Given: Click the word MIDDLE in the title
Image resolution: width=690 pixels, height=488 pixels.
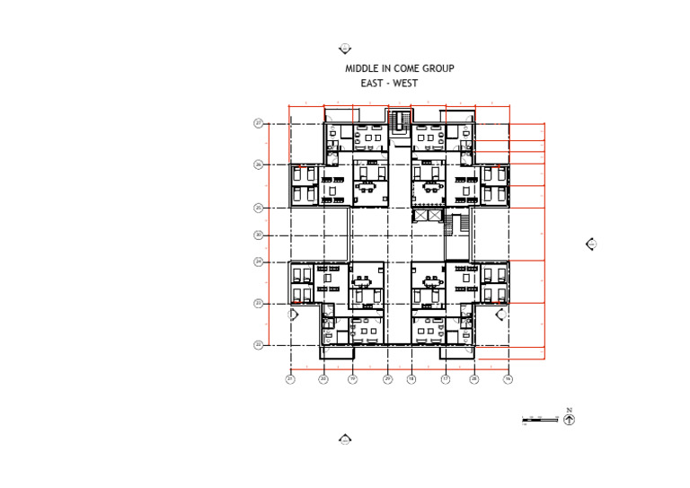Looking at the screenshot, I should coord(361,68).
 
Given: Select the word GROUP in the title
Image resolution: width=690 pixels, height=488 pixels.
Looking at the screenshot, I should coord(437,68).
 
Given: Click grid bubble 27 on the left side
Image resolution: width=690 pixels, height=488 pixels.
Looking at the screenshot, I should coord(258,123).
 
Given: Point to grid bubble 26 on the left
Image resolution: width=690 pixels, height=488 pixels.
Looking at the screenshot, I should coord(258,164).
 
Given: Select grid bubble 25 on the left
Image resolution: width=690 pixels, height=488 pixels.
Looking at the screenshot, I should coord(258,208).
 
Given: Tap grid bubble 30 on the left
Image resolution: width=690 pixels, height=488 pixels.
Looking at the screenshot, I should coord(258,235).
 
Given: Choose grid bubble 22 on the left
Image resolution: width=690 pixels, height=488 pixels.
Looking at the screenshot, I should coord(258,344).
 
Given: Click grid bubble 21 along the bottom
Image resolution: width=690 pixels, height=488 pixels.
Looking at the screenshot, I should coord(290,379).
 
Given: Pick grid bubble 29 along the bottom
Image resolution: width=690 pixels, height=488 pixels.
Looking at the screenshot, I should coord(387,379).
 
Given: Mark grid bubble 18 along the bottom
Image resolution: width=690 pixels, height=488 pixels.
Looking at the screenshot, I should coord(411,379).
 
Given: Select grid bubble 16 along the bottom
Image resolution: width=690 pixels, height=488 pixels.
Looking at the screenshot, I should coord(508,379).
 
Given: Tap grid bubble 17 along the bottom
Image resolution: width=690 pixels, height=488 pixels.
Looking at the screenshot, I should coord(445,379).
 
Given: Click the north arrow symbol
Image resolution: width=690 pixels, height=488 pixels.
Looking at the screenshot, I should coord(570,418).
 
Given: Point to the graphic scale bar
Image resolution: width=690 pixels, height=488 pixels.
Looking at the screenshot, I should coord(540,419).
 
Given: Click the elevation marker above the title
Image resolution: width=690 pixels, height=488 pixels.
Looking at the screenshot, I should coord(344,49).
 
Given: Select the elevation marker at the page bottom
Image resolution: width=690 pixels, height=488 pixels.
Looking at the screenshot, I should coord(344,439).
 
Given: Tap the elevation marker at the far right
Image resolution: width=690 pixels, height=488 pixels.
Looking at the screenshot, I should coord(591,244).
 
